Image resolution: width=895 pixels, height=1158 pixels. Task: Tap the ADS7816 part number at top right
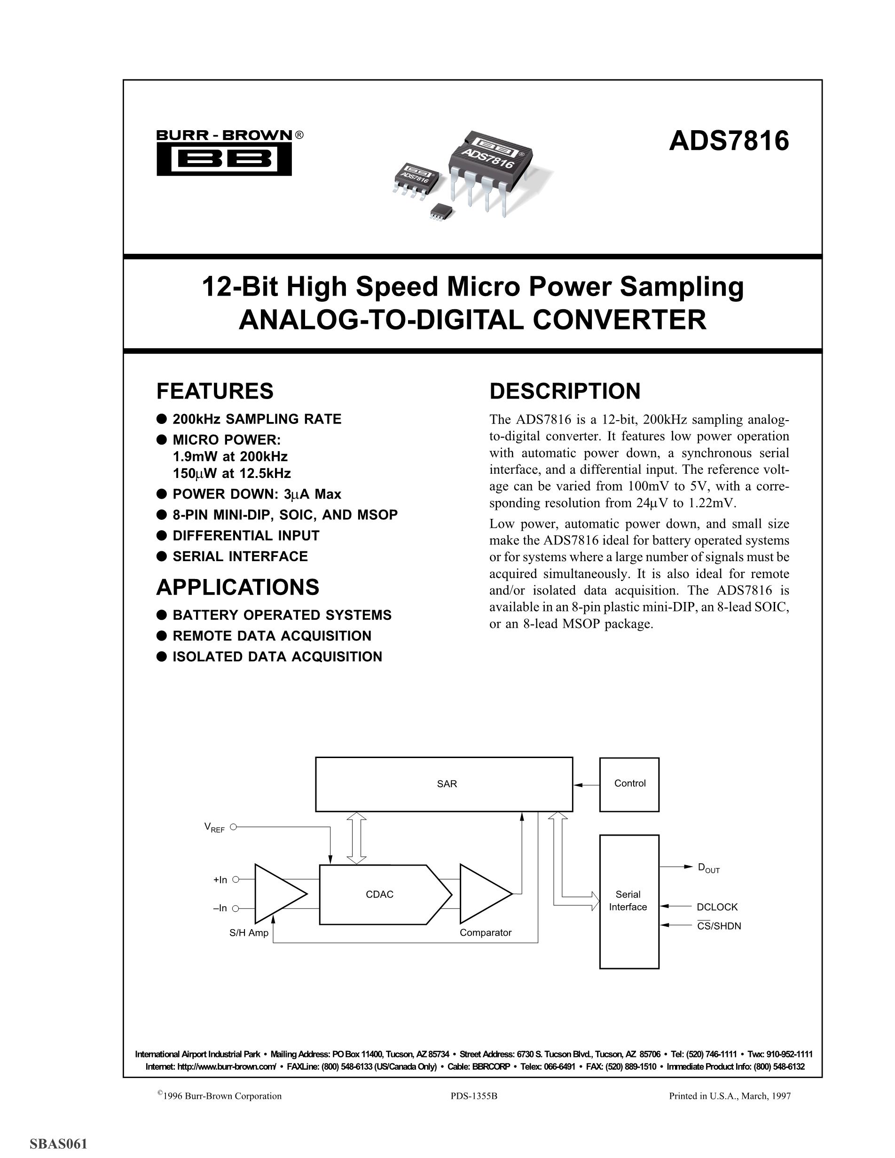(x=729, y=141)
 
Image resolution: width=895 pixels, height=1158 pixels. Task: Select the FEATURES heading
(x=215, y=391)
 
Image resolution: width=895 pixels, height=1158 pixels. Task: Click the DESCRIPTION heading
(x=565, y=391)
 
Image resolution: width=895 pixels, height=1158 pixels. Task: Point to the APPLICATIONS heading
(x=237, y=587)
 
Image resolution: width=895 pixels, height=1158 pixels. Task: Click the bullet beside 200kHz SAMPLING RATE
(x=162, y=419)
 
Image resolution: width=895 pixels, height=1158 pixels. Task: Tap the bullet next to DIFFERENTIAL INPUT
(x=162, y=535)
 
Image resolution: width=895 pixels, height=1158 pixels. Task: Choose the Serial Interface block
(x=629, y=901)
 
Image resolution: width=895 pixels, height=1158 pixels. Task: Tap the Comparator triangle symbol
(x=482, y=894)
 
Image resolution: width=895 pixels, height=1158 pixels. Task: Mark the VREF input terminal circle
(x=233, y=827)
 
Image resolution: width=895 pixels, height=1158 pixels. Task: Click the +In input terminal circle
(x=236, y=880)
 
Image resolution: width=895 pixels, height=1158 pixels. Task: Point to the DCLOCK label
(x=717, y=907)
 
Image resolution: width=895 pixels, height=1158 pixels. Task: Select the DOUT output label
(x=708, y=868)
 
